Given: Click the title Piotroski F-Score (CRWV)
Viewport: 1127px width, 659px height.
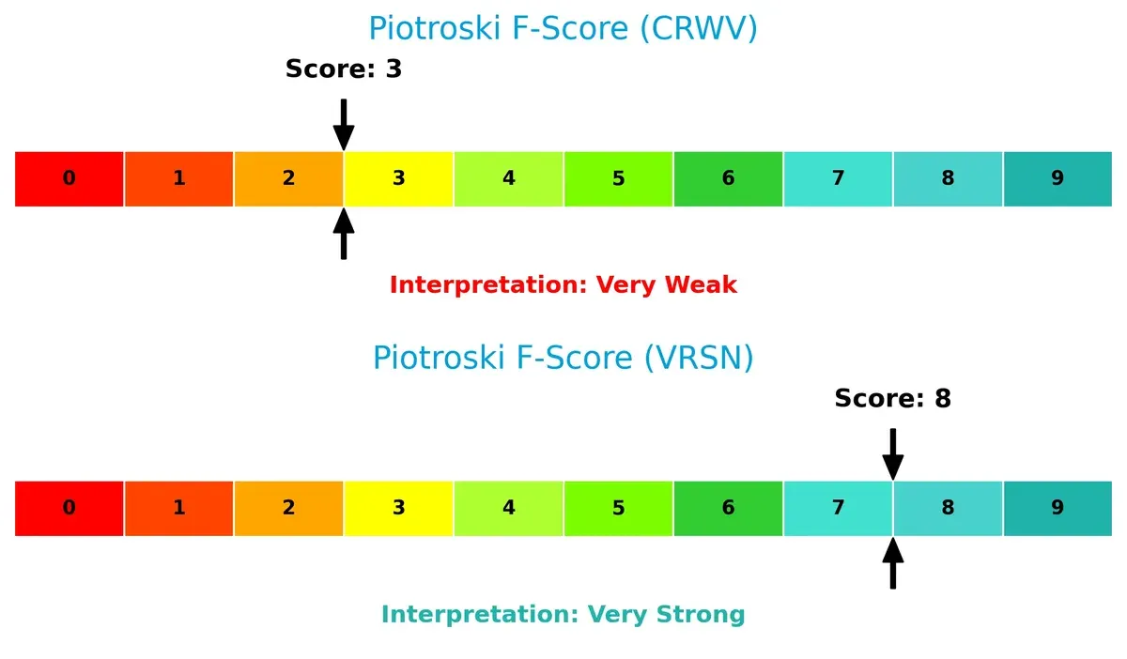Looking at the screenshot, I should (x=563, y=28).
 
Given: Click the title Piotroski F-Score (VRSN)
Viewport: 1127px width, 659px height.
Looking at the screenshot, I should (x=563, y=358).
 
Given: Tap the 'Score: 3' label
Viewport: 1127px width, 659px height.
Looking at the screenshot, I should (x=344, y=69).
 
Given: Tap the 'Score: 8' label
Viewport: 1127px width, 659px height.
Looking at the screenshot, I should (x=892, y=398).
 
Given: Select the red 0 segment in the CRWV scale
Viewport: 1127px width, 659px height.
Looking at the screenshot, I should (x=69, y=178).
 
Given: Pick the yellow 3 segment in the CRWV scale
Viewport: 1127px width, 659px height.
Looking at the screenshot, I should (x=398, y=178).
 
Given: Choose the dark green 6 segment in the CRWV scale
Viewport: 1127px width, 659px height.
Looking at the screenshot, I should (x=728, y=178).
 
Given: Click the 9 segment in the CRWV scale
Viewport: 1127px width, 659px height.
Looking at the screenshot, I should (x=1058, y=178).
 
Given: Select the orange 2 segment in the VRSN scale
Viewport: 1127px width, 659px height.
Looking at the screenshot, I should (x=288, y=508).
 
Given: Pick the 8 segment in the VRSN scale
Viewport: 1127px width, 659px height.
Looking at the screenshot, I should (x=948, y=508).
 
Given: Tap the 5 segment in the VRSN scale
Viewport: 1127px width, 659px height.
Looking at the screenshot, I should (x=618, y=508).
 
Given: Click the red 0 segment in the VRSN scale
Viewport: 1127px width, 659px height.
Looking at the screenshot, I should (x=69, y=508).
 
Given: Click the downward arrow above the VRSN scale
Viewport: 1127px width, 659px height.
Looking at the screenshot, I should (x=892, y=453).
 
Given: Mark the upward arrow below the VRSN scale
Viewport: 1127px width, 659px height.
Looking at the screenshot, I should (x=892, y=562).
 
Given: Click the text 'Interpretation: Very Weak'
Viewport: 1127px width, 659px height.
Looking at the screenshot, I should (x=563, y=284).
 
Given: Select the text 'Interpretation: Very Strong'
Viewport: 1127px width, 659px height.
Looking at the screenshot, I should (x=563, y=614).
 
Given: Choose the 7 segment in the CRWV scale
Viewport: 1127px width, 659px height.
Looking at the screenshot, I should (x=838, y=178).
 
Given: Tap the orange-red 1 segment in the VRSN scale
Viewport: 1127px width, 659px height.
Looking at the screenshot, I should (x=178, y=508).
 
